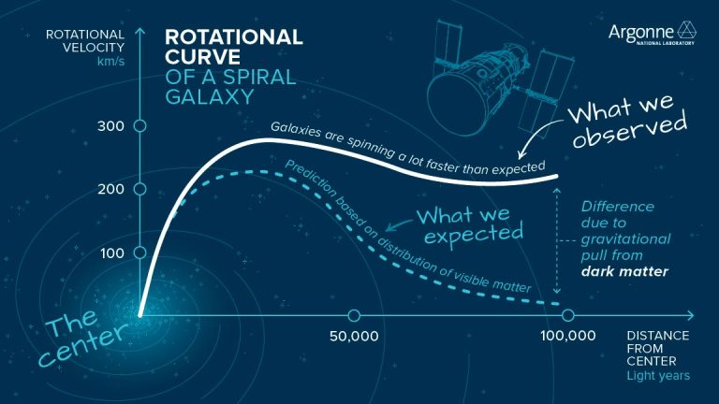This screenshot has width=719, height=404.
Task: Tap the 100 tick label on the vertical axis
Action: click(x=112, y=252)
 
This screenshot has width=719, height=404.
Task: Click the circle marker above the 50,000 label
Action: click(x=354, y=315)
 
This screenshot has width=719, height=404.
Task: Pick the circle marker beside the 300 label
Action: click(x=139, y=125)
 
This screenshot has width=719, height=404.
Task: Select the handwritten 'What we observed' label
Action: click(x=628, y=127)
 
